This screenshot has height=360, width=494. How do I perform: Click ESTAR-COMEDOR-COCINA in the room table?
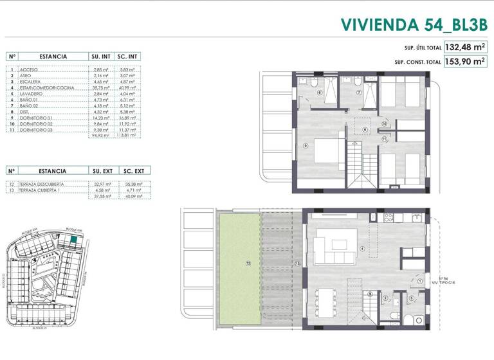pos(46,87)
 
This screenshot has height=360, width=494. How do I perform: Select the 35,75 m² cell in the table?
pos(100,87)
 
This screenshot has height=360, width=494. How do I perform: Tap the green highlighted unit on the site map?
pos(74,239)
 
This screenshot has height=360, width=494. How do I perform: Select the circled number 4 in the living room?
pos(362,249)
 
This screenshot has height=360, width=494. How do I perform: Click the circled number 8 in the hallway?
pos(365,130)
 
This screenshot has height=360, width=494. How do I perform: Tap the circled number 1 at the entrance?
pos(419,281)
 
